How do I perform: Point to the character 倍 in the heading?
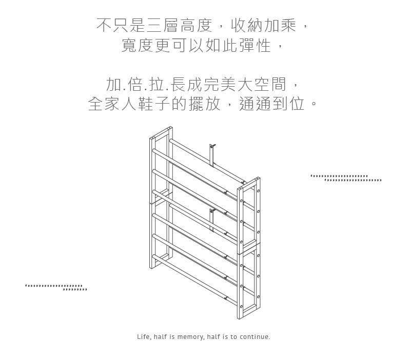coord(135,85)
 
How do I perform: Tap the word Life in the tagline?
coord(144,337)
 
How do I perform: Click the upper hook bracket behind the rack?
coord(212,155)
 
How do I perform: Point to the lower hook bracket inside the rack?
coord(212,220)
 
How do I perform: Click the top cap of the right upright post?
coord(249,183)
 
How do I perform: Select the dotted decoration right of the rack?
coord(346,178)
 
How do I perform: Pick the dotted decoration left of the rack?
coord(56,287)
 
